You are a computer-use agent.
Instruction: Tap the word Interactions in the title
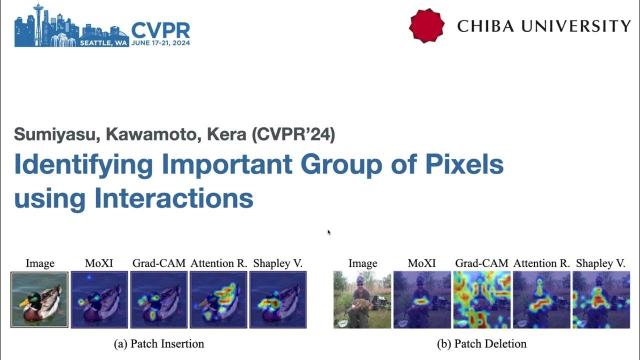(x=173, y=198)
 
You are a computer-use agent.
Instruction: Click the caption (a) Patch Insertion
(x=159, y=343)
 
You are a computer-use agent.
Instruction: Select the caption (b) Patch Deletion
(x=481, y=343)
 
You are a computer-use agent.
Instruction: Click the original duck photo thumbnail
(x=39, y=299)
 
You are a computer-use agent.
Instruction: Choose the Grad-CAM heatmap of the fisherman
(x=482, y=299)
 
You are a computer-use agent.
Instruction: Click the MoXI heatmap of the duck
(x=99, y=299)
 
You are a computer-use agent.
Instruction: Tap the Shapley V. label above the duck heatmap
(x=278, y=263)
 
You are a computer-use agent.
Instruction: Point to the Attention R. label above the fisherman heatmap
(x=541, y=263)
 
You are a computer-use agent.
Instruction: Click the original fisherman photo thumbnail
(x=362, y=299)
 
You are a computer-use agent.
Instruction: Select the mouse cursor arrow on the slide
(x=328, y=232)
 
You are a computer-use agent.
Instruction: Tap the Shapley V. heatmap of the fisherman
(x=601, y=299)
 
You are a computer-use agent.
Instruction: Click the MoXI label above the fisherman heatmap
(x=422, y=263)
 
